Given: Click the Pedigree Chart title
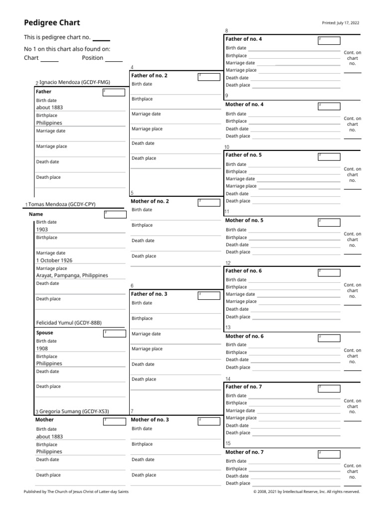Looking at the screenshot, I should tap(52, 23).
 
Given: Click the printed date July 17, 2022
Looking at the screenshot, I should tap(342, 23).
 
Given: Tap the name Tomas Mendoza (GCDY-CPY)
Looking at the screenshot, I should tap(62, 204).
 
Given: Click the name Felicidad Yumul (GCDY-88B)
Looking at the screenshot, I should tap(72, 323).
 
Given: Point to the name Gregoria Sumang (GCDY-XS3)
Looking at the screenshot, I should tap(74, 411).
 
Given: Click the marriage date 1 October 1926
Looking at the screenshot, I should tap(54, 260).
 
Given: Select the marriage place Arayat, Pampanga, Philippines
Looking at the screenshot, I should tap(72, 275).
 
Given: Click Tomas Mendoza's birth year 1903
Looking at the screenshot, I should tap(42, 230).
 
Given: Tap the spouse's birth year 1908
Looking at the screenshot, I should tap(42, 349).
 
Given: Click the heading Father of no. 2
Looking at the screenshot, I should tap(149, 76).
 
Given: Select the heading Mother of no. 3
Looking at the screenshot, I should tap(150, 420).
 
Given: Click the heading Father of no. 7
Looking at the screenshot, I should tap(244, 386).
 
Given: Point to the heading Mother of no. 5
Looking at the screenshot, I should tap(244, 220).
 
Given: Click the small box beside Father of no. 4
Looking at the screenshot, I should tap(329, 40).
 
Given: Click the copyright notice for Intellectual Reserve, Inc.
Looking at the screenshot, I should tap(306, 492).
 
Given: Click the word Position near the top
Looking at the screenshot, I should tap(92, 58).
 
